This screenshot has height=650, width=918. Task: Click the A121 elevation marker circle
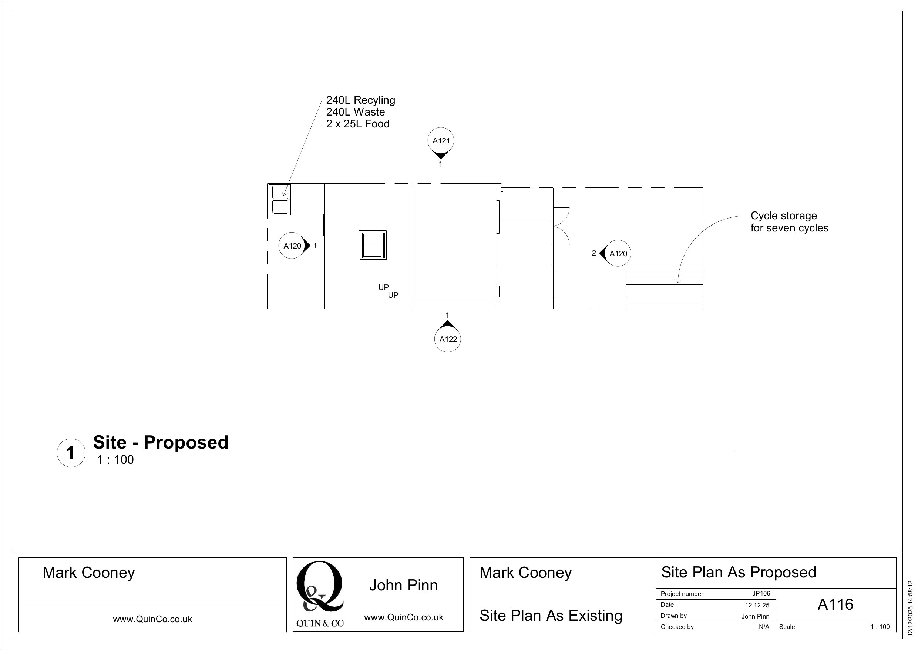tap(441, 140)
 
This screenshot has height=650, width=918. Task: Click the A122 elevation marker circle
tap(447, 339)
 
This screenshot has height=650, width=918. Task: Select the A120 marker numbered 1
tap(292, 246)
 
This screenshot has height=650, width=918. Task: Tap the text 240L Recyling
tap(360, 100)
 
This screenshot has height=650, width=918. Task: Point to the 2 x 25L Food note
tap(357, 124)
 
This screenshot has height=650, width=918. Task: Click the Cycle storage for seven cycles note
tap(789, 222)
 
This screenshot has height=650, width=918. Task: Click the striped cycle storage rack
tap(664, 287)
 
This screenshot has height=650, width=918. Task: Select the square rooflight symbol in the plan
tap(373, 245)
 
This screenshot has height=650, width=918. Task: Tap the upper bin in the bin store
tap(279, 191)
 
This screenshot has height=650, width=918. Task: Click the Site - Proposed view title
tap(160, 442)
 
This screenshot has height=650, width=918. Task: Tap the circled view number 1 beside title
tap(71, 453)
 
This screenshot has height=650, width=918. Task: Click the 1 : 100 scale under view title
tap(115, 460)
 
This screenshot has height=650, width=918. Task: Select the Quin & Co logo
tap(320, 594)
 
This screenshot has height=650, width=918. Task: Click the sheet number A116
tap(835, 604)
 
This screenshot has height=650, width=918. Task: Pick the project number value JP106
tap(761, 594)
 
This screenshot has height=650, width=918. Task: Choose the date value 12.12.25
tap(757, 605)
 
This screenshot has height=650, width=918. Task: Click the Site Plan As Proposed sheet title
tap(738, 572)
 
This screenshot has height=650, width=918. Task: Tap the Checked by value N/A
tap(764, 627)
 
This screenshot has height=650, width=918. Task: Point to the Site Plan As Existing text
tap(551, 616)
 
